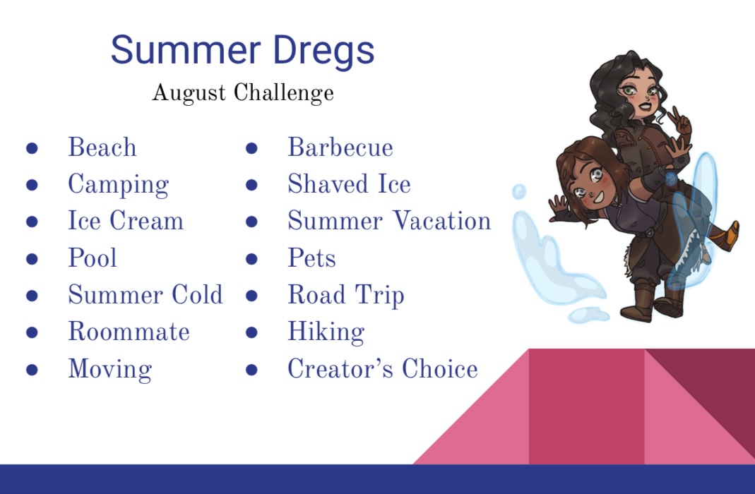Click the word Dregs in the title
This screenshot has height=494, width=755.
(323, 51)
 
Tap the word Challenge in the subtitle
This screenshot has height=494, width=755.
(284, 93)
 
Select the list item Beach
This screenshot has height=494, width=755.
(102, 147)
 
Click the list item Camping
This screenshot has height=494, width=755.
(119, 185)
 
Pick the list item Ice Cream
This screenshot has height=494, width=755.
(126, 221)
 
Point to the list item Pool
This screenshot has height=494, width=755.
(93, 258)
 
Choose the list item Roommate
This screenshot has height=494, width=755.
(129, 332)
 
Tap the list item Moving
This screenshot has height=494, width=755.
(110, 370)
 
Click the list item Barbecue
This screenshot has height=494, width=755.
(340, 147)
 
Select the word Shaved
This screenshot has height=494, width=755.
(326, 184)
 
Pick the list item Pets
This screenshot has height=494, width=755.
(311, 258)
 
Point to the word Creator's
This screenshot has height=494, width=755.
(341, 368)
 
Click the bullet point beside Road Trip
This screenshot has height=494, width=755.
(251, 296)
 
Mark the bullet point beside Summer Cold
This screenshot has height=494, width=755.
(32, 296)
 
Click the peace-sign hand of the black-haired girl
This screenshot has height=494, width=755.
(680, 122)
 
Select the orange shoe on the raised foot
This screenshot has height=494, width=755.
(727, 236)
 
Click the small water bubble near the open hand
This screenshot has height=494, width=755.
(518, 191)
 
